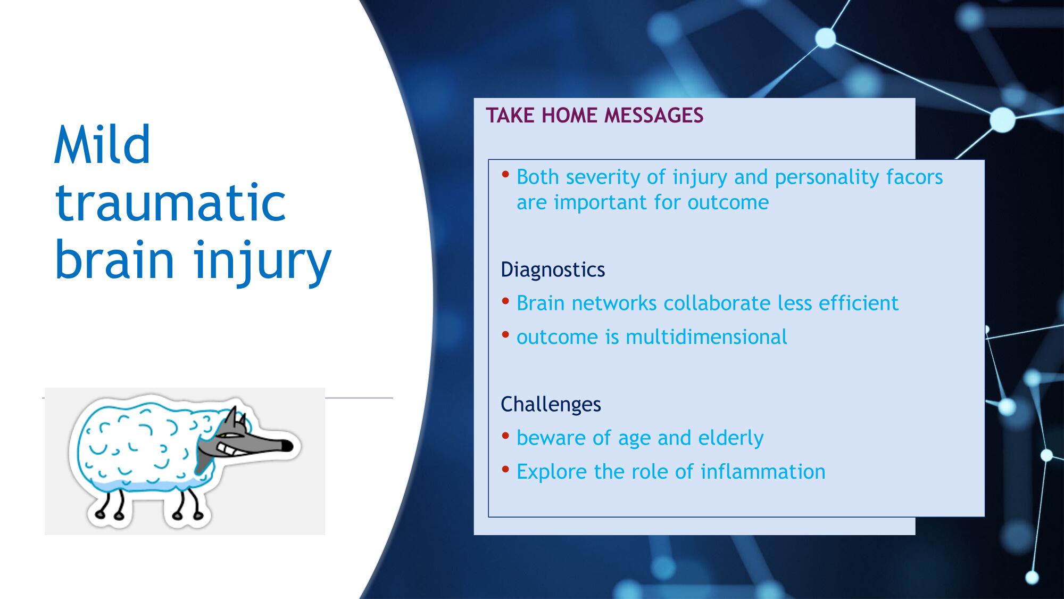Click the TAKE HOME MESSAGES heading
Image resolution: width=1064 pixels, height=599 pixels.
point(594,116)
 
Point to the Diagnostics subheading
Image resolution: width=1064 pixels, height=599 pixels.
point(553,270)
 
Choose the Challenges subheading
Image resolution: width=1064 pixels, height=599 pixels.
point(551,404)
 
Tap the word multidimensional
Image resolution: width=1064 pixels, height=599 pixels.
point(706,337)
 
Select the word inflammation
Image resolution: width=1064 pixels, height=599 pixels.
point(762,472)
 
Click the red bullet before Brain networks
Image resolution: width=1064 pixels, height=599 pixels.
point(505,302)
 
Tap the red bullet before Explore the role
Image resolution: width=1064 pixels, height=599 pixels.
point(505,470)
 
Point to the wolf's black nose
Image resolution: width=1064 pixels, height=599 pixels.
point(287,446)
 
